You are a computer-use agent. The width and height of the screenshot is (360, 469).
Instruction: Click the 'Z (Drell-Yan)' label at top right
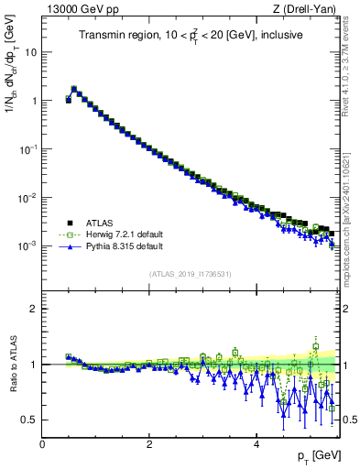[308, 8]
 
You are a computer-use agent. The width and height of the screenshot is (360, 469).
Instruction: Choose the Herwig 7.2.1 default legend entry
[122, 234]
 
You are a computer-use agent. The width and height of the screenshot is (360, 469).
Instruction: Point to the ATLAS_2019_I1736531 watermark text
[190, 274]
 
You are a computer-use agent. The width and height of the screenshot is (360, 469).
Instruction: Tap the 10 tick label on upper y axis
[32, 51]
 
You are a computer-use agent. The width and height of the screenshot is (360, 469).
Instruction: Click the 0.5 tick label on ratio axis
[29, 420]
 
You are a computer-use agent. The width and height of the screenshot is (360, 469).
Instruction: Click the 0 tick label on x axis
[42, 442]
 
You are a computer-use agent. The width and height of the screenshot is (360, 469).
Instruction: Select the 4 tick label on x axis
[256, 442]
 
